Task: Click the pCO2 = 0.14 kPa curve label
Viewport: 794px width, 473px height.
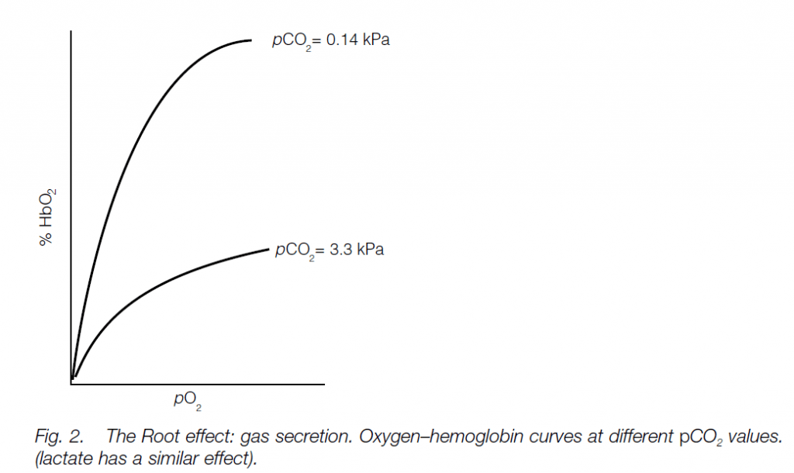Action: click(x=330, y=40)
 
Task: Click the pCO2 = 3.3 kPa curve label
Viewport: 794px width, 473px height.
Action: click(x=330, y=250)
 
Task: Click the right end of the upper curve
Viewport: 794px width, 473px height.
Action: click(x=251, y=40)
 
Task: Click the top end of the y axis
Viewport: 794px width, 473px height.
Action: click(x=71, y=31)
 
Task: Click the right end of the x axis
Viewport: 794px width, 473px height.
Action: click(x=323, y=383)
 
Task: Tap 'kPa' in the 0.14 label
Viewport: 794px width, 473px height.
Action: click(x=375, y=40)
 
